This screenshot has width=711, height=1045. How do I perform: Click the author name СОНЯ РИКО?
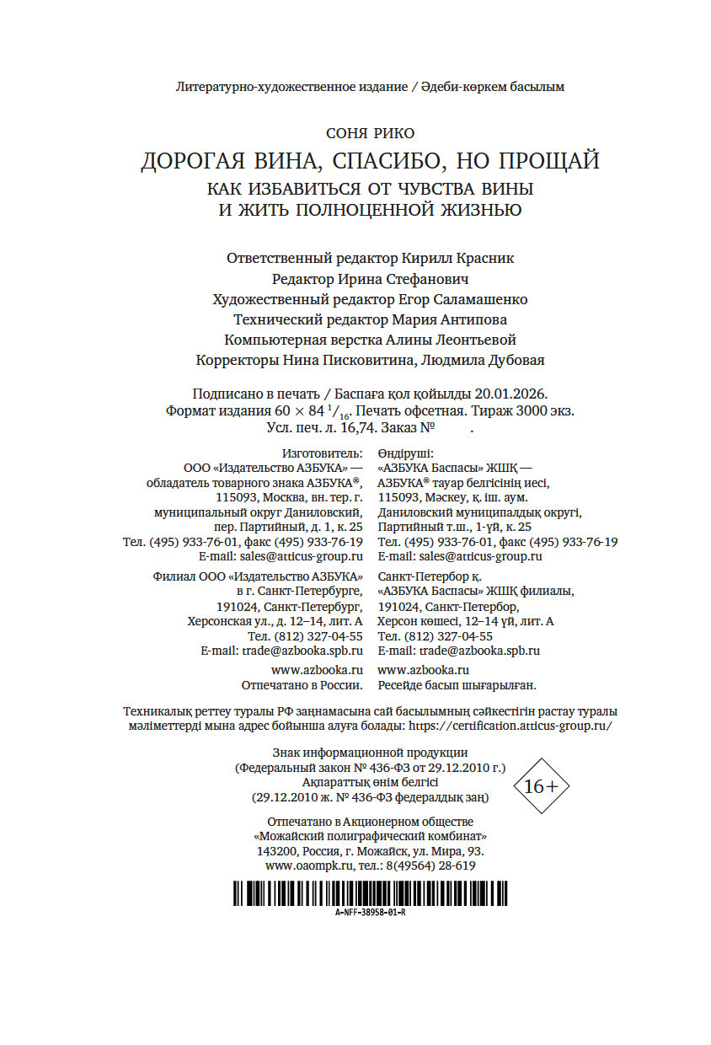click(x=370, y=133)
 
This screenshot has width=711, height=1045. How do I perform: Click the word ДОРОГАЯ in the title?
click(x=191, y=161)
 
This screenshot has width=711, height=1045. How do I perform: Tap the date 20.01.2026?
click(x=511, y=394)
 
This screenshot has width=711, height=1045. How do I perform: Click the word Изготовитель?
click(x=323, y=453)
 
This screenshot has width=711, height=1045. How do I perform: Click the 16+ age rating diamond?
click(x=541, y=787)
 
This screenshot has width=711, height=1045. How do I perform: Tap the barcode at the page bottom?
click(x=370, y=892)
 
